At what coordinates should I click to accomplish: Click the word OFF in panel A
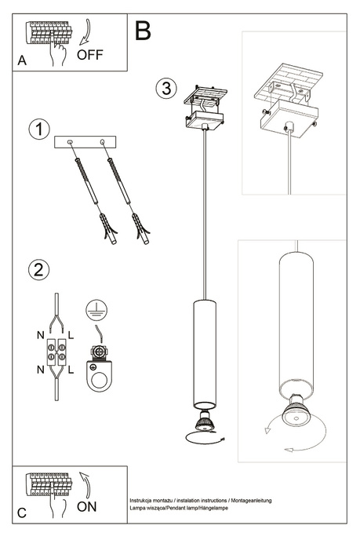(x=89, y=54)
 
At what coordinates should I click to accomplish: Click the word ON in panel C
(x=88, y=506)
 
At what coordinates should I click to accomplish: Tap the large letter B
(x=142, y=31)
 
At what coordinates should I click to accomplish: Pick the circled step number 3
(x=165, y=88)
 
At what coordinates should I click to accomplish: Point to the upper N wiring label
(x=40, y=335)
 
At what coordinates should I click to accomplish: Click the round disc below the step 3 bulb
(x=201, y=438)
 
